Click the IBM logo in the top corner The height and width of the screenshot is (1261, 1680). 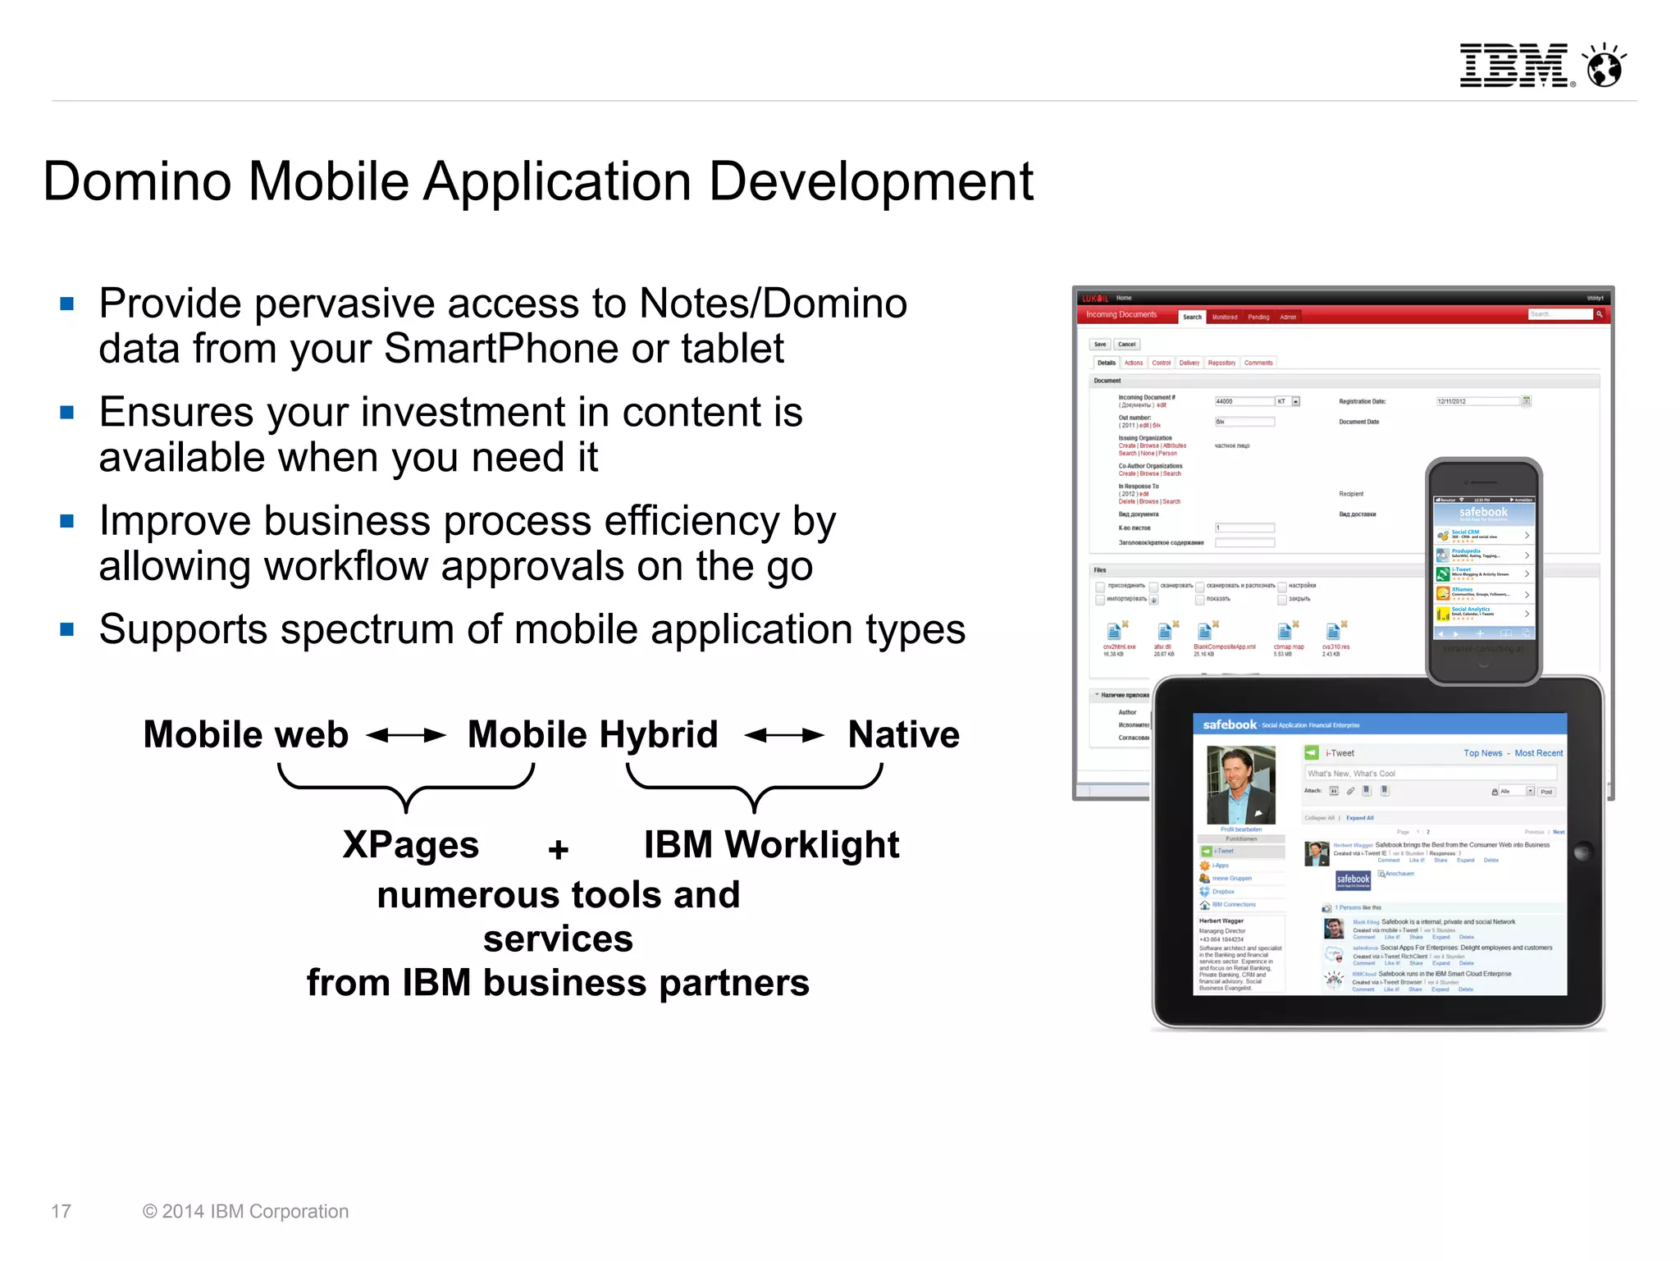point(1513,66)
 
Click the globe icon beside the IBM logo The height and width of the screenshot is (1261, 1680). point(1605,66)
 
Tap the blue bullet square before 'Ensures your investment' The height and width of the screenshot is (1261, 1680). point(67,413)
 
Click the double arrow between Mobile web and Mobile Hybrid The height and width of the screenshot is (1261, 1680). point(407,735)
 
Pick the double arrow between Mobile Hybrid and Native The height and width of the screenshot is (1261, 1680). point(784,735)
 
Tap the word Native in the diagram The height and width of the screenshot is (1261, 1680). point(903,735)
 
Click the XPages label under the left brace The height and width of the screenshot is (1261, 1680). point(410,845)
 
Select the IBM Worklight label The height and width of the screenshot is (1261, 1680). point(771,845)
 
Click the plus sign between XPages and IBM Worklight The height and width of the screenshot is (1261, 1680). point(559,849)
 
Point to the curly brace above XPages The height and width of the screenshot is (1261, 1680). point(406,785)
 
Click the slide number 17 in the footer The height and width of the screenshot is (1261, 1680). point(62,1212)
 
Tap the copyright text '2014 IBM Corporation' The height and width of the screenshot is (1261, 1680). point(254,1212)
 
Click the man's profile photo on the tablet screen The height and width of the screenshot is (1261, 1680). point(1241,784)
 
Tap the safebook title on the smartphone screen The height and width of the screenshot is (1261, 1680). point(1483,512)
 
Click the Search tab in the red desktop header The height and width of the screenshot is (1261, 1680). point(1192,317)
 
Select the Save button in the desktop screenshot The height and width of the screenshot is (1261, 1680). point(1100,345)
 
